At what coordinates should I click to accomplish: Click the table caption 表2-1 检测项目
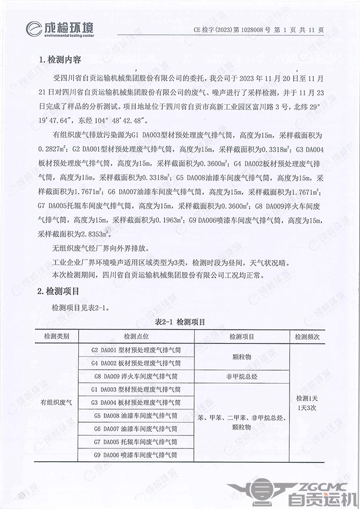point(179,322)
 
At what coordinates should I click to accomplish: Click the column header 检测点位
point(136,337)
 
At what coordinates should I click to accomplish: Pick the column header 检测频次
point(307,337)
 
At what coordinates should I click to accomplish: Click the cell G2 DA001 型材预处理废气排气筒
point(136,350)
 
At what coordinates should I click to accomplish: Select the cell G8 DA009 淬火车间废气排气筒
point(136,376)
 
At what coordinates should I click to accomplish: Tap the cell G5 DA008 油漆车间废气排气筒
point(136,415)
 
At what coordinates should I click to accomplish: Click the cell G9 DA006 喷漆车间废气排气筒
point(136,455)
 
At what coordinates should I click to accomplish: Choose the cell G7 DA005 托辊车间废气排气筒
point(136,442)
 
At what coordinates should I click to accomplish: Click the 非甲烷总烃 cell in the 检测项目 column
point(242,376)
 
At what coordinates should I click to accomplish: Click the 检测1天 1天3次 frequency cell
point(307,403)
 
